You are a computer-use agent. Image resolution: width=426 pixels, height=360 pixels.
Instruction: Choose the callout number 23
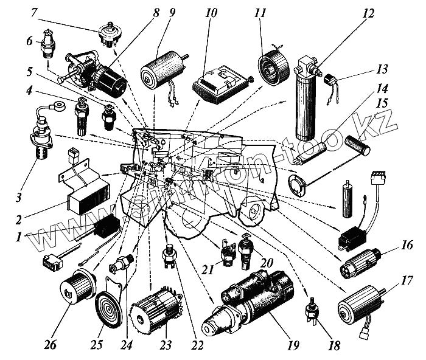tap(165, 345)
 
